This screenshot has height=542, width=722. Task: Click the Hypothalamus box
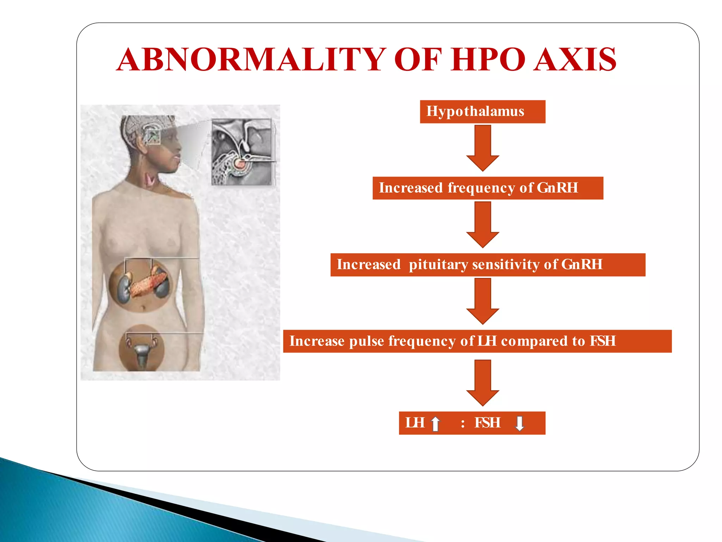[x=482, y=112]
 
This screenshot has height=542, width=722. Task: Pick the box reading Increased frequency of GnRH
[x=488, y=188]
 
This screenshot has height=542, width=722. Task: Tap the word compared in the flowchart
[x=534, y=341]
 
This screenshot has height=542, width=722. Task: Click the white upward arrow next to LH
[x=436, y=423]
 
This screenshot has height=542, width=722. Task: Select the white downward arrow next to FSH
[x=519, y=423]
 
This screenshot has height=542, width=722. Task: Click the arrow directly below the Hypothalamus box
[x=483, y=148]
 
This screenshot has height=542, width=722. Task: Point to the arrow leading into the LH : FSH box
[x=483, y=383]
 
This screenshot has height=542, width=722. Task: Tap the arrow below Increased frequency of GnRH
[x=483, y=224]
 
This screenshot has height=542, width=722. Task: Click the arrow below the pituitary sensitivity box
[x=483, y=301]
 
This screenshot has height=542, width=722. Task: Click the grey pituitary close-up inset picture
[x=243, y=152]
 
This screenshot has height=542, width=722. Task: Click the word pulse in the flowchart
[x=366, y=341]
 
